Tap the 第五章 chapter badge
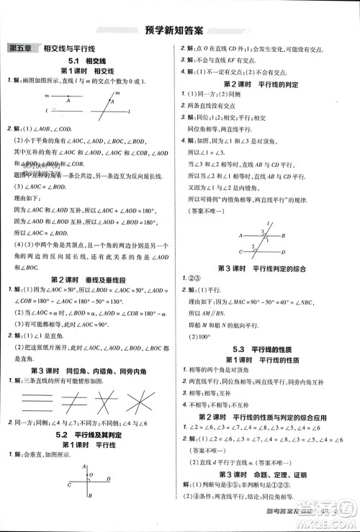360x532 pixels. pyautogui.click(x=21, y=48)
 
